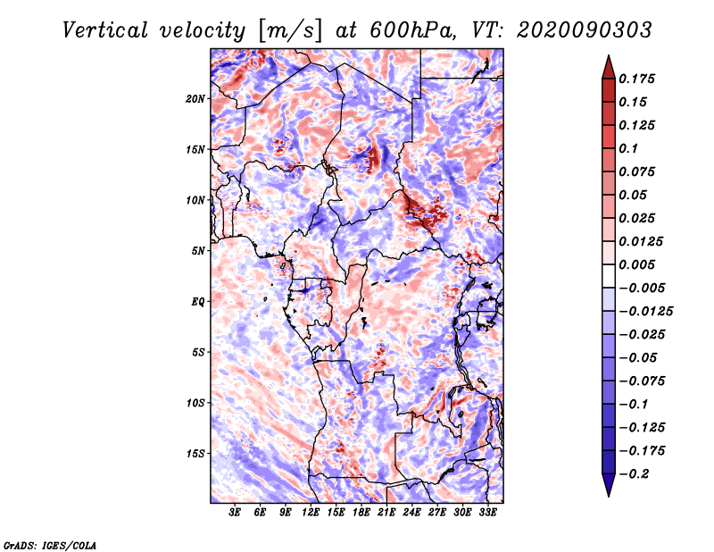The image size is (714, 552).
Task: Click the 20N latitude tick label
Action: [195, 99]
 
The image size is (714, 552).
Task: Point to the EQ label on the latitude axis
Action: [198, 302]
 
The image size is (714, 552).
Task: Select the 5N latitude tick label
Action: [198, 251]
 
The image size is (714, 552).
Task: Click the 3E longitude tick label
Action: [235, 513]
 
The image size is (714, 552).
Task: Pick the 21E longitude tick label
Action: [386, 513]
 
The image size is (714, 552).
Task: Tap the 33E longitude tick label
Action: [487, 513]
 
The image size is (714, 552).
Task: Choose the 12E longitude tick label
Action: [311, 513]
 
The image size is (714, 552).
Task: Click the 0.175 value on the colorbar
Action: [636, 79]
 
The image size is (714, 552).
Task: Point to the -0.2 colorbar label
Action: [634, 474]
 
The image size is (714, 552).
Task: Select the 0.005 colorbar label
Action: [636, 264]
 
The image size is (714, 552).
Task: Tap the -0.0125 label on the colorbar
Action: [645, 312]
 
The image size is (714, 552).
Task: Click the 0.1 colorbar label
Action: [628, 148]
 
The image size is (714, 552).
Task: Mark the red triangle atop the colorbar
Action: [609, 67]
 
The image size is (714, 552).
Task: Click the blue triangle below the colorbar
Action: [609, 485]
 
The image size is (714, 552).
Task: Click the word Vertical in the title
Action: [105, 30]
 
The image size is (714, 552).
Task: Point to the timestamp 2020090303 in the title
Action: [585, 30]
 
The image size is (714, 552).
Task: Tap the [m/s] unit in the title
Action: [290, 31]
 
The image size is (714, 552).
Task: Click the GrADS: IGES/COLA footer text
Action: [50, 546]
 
